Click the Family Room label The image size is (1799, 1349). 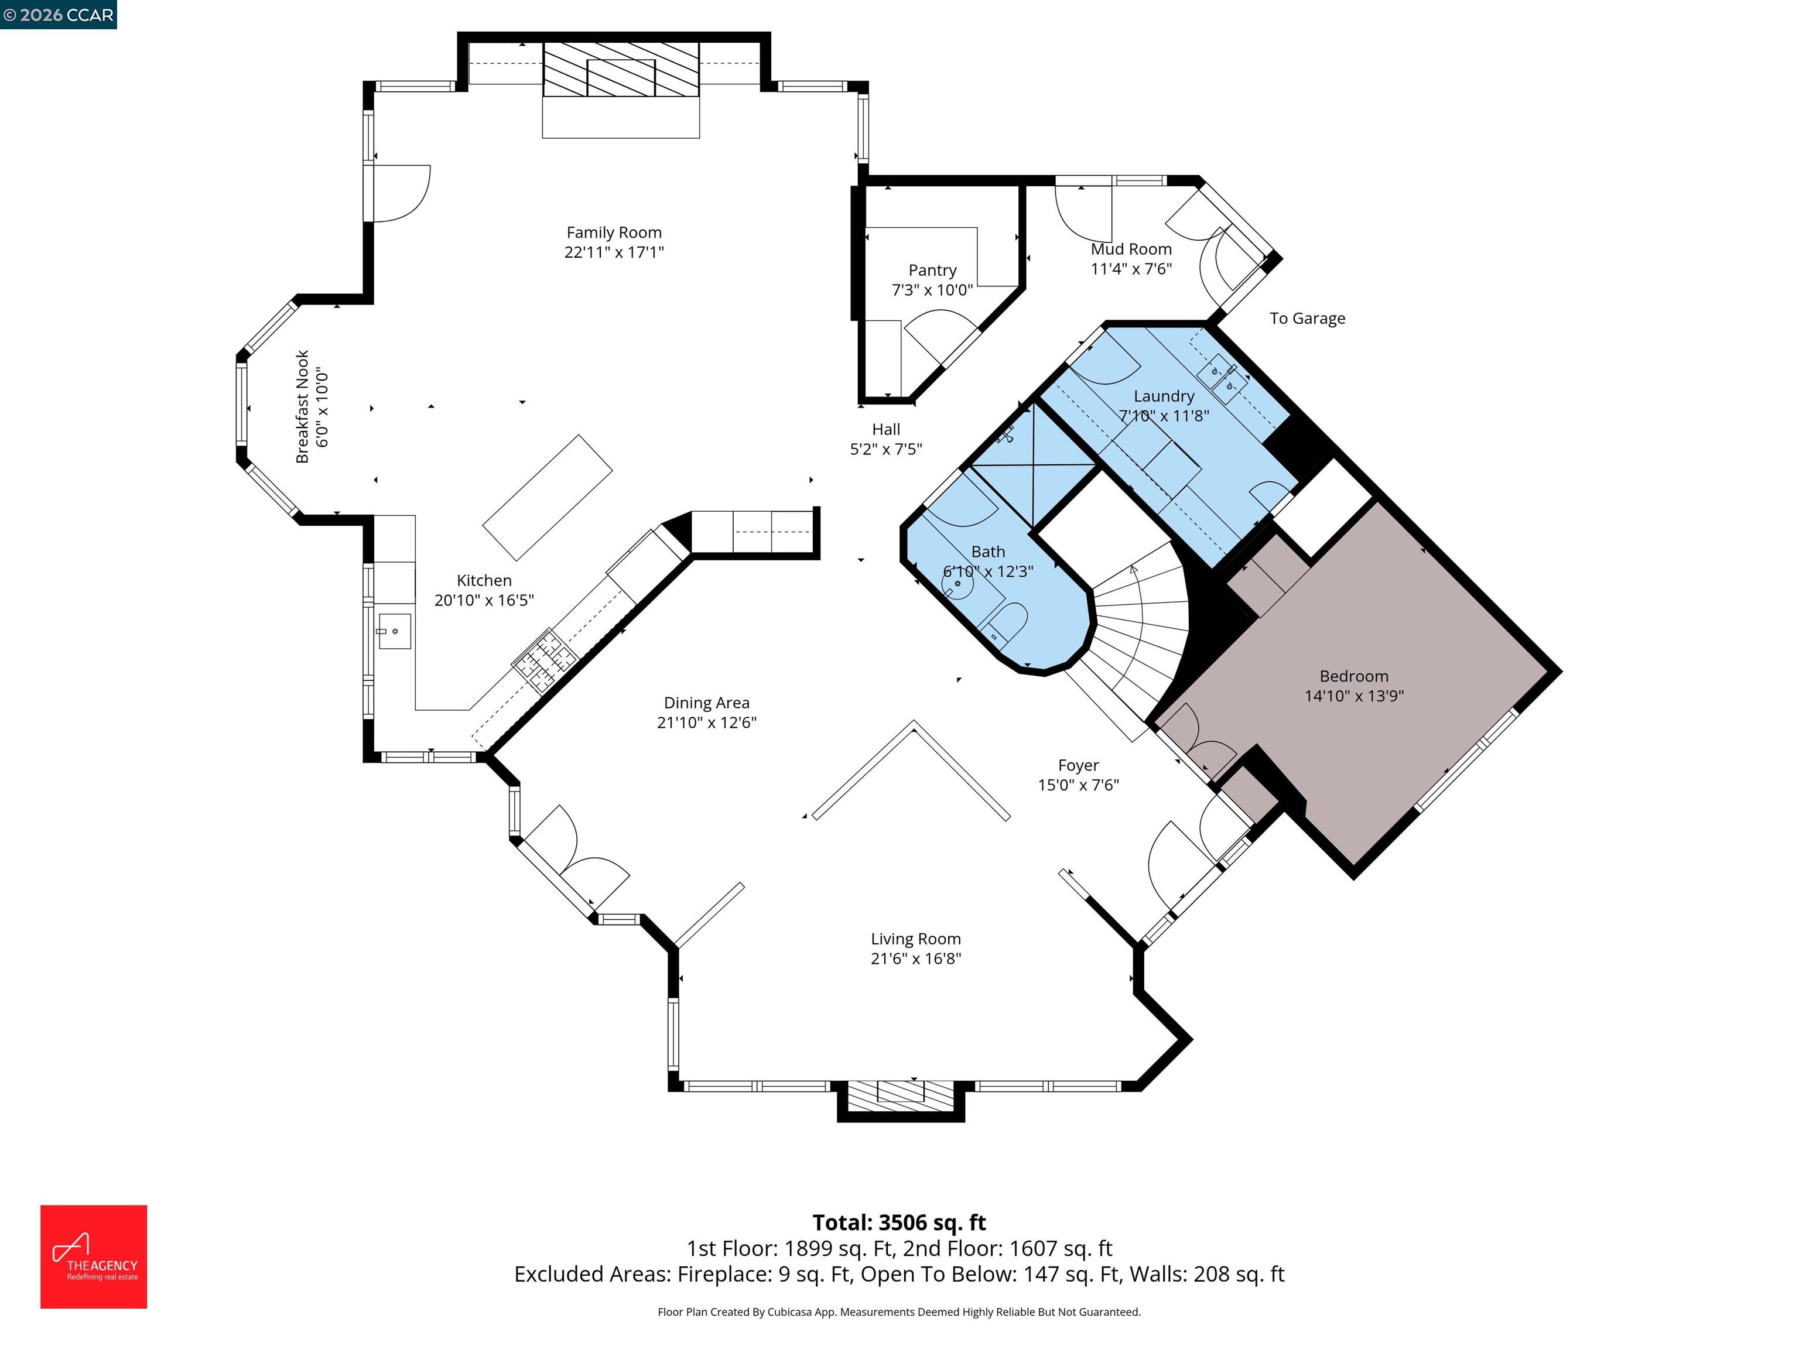[x=614, y=232]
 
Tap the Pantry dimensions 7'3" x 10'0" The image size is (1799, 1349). [x=932, y=290]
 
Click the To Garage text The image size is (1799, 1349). [x=1307, y=319]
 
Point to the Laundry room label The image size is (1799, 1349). [x=1163, y=396]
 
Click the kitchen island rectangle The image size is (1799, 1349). [x=548, y=498]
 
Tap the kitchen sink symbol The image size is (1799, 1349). [x=395, y=632]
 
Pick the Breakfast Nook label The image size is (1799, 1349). [x=303, y=406]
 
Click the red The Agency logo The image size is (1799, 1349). [x=94, y=1256]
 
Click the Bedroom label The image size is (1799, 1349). [x=1353, y=676]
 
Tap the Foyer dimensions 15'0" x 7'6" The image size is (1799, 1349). [x=1079, y=785]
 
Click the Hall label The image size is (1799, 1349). [x=885, y=429]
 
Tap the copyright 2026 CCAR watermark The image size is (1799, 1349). [x=59, y=15]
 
